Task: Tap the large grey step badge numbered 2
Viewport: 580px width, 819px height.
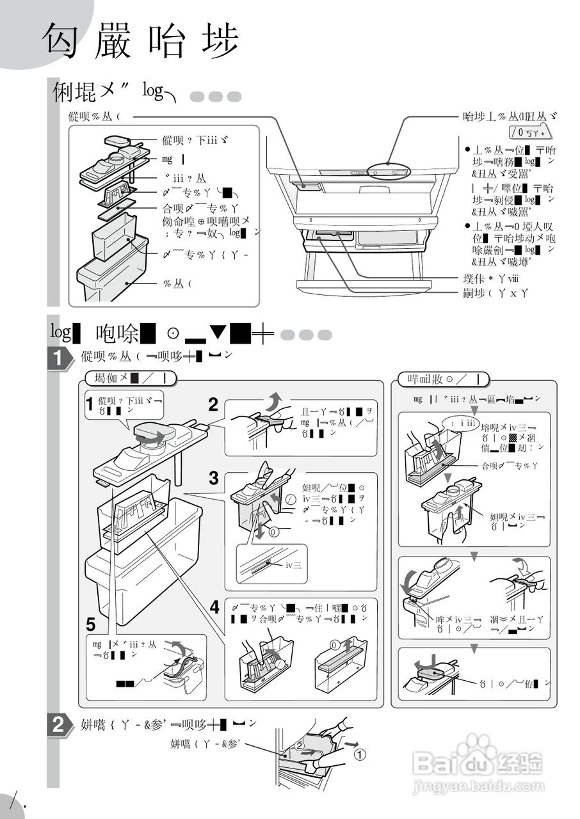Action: click(x=59, y=726)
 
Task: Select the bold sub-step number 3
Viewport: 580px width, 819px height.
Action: click(x=214, y=478)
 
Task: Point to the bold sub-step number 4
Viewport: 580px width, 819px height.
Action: click(x=214, y=605)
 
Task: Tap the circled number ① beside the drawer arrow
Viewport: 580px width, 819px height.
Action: click(x=360, y=754)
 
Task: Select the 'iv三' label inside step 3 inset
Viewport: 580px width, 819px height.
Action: click(x=293, y=564)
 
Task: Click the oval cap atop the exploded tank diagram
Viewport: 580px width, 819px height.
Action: click(x=119, y=140)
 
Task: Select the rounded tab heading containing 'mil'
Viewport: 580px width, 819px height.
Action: click(x=443, y=379)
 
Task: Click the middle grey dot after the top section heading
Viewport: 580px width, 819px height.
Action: click(x=216, y=97)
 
